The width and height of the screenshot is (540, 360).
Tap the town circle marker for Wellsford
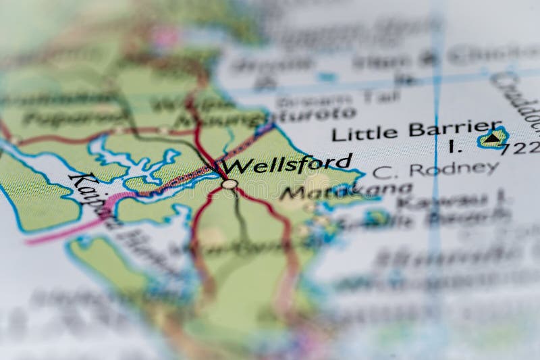pos(230,184)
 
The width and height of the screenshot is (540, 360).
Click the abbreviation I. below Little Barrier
pos(451,145)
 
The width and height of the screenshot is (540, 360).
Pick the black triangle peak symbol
pos(493,138)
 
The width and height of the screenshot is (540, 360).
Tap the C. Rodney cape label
pos(435,170)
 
